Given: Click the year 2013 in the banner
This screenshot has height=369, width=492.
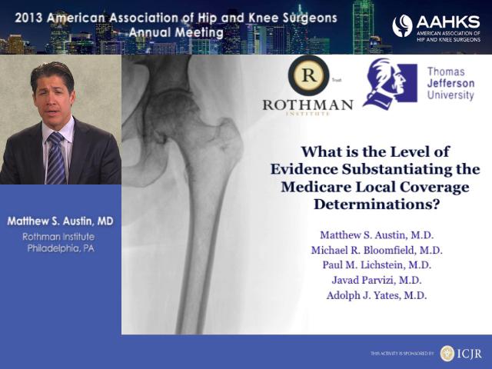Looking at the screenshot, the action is click(x=28, y=18).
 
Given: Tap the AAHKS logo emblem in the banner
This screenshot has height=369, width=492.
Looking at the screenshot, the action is click(x=402, y=25).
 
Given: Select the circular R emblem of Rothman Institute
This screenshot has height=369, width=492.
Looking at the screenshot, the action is click(x=308, y=75).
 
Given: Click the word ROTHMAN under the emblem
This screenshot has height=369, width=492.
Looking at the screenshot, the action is click(x=307, y=105).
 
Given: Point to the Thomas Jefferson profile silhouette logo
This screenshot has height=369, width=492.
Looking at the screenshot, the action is click(x=390, y=83).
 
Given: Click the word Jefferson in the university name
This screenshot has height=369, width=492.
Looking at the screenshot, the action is click(x=450, y=84).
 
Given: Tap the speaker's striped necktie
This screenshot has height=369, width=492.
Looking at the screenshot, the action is click(x=56, y=158).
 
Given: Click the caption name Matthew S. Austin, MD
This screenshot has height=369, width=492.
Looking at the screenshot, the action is click(x=60, y=221).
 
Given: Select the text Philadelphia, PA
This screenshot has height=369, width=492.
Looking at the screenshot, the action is click(x=61, y=248).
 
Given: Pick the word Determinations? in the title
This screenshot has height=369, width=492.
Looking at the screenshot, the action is click(x=377, y=204).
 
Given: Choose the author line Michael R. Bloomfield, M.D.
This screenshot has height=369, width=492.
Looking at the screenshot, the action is click(x=377, y=250).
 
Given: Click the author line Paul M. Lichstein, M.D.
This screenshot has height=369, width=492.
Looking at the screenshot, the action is click(x=377, y=264).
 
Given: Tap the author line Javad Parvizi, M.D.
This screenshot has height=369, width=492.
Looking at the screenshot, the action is click(x=377, y=280).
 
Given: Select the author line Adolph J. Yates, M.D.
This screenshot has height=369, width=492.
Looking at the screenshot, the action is click(x=377, y=295).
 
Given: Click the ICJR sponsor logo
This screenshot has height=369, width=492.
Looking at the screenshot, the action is click(x=460, y=354).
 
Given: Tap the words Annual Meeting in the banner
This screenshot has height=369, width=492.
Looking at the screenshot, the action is click(x=176, y=32).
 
